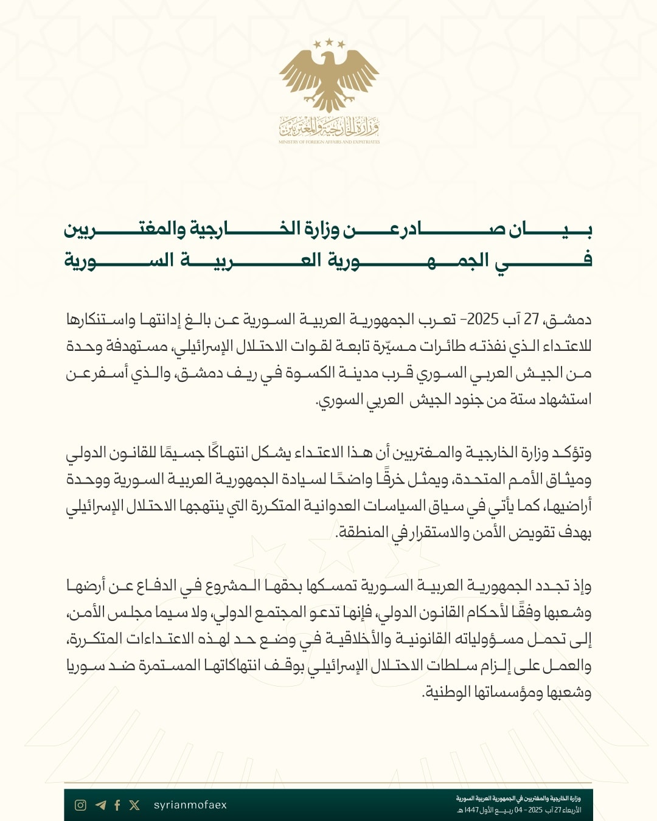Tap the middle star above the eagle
329,42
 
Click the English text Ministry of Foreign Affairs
329,142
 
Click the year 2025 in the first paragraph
483,319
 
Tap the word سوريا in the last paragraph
85,666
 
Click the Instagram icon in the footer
80,805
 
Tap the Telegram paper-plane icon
100,805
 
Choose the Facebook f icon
117,805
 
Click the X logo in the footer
134,805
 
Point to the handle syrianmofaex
190,805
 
